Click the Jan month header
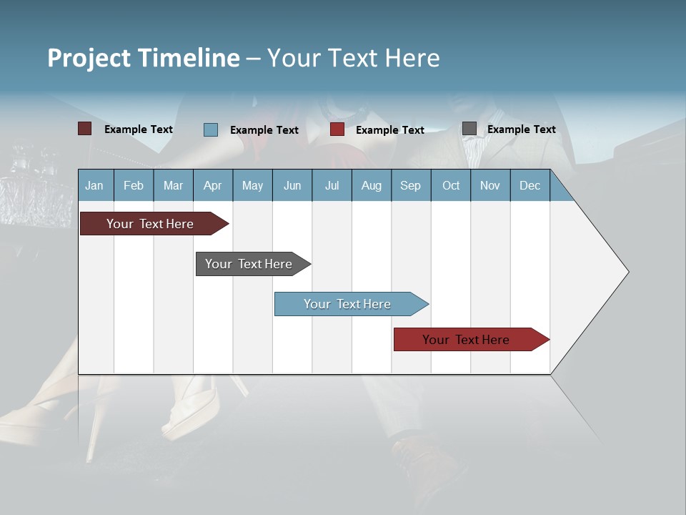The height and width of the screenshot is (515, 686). click(94, 185)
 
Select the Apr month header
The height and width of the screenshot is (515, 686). click(212, 185)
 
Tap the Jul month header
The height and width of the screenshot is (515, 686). click(332, 185)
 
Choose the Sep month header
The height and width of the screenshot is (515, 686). click(410, 185)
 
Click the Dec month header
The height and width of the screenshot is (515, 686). click(530, 185)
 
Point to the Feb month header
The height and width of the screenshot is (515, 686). click(134, 185)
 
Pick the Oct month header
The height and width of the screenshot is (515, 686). click(451, 185)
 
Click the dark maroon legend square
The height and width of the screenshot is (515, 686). click(84, 129)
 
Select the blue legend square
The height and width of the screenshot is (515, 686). click(211, 129)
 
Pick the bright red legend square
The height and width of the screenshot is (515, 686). click(337, 129)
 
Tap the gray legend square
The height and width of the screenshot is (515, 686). click(469, 129)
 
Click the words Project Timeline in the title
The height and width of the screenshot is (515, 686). click(143, 58)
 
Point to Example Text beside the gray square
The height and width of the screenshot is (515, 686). click(521, 129)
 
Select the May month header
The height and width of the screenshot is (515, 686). click(252, 185)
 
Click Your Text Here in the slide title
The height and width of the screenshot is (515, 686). click(354, 58)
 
